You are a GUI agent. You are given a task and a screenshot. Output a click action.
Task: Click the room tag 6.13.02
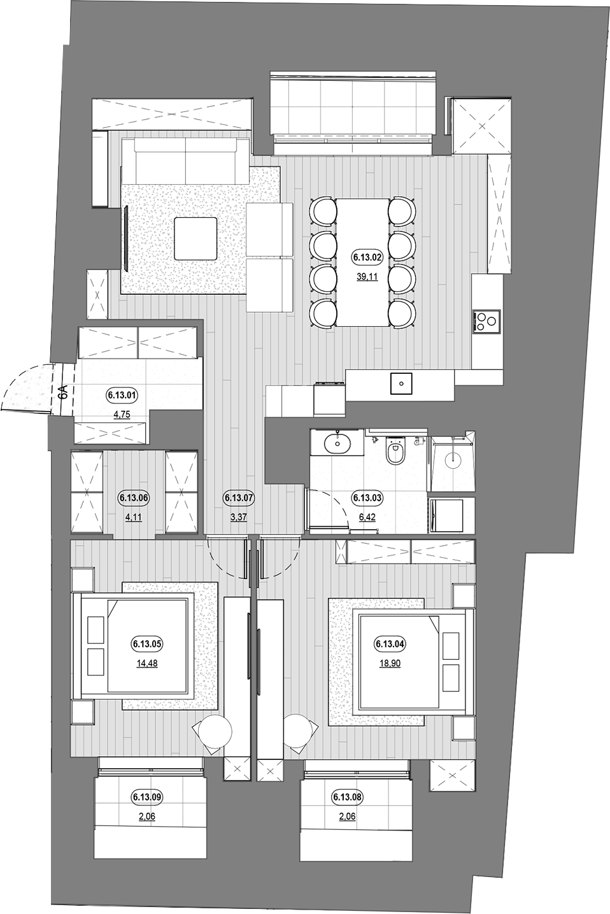pos(367,257)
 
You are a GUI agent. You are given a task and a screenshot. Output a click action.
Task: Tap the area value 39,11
pos(367,276)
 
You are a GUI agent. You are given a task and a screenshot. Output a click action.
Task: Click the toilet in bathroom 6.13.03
pos(395,450)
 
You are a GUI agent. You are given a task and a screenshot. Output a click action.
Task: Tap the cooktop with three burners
pos(486,320)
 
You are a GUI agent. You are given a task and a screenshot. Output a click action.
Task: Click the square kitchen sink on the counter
pos(402,383)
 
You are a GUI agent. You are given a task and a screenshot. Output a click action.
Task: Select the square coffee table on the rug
pos(195,238)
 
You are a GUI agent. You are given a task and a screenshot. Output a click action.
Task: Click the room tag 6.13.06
pos(134,498)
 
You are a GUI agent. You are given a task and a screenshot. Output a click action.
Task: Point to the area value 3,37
pos(239,517)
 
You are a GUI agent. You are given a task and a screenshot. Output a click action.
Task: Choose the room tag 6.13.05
pos(147,644)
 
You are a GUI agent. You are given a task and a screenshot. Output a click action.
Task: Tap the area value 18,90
pos(390,664)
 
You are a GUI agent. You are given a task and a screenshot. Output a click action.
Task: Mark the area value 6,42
pos(367,517)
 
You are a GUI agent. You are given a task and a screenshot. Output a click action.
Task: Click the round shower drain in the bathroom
pos(453,459)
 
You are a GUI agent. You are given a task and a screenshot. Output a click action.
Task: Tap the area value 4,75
pos(122,415)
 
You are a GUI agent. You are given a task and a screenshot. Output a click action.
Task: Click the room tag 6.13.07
pos(239,498)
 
